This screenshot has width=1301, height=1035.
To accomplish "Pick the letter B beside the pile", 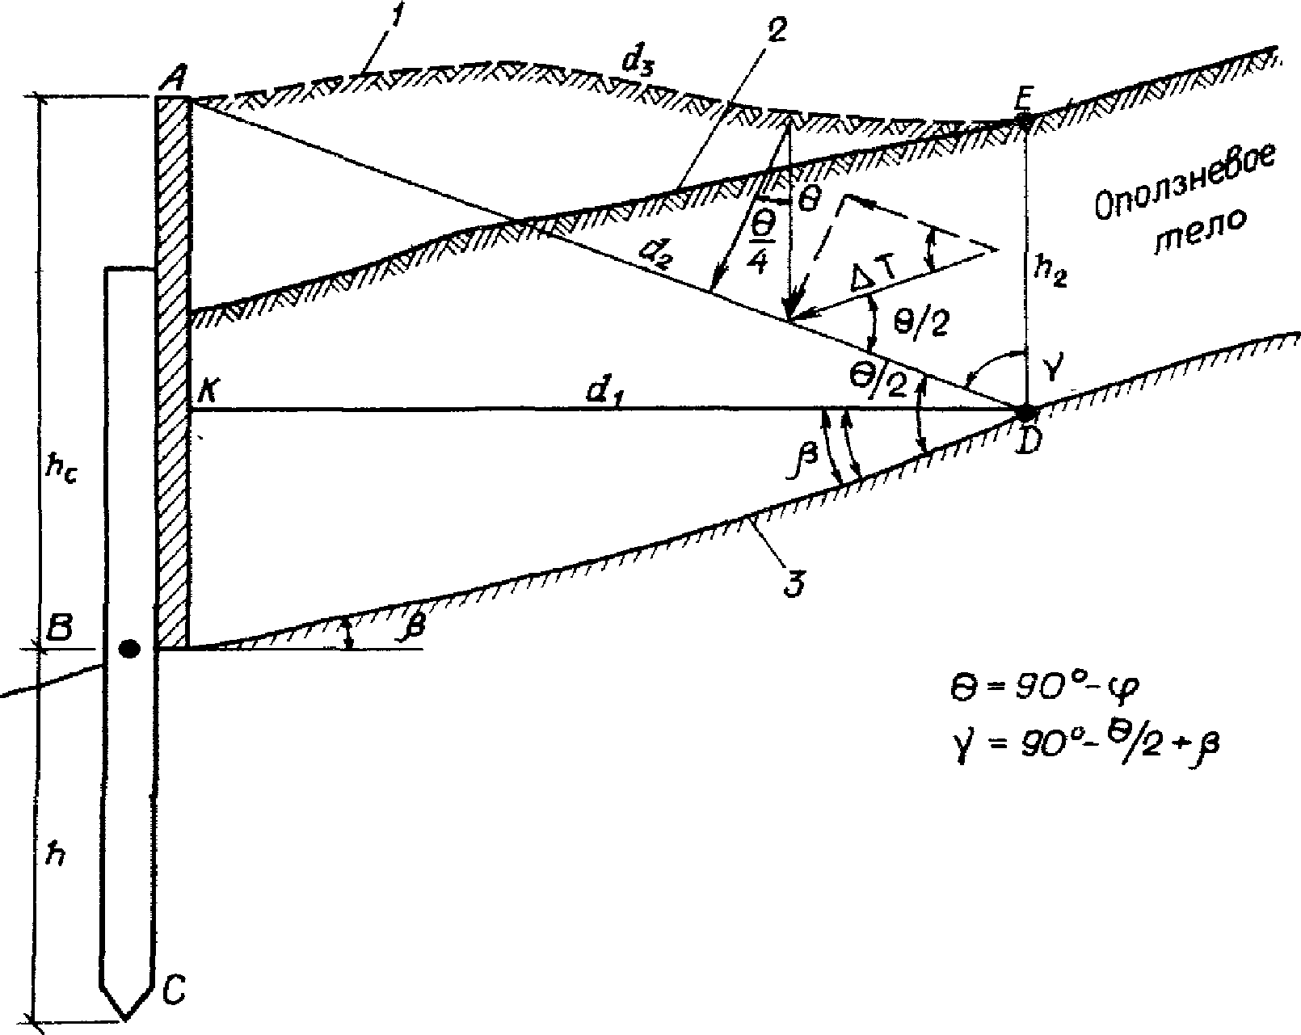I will pos(57,630).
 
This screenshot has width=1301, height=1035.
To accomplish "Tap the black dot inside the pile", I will pos(129,648).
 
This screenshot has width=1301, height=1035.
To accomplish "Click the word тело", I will pos(1199,234).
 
